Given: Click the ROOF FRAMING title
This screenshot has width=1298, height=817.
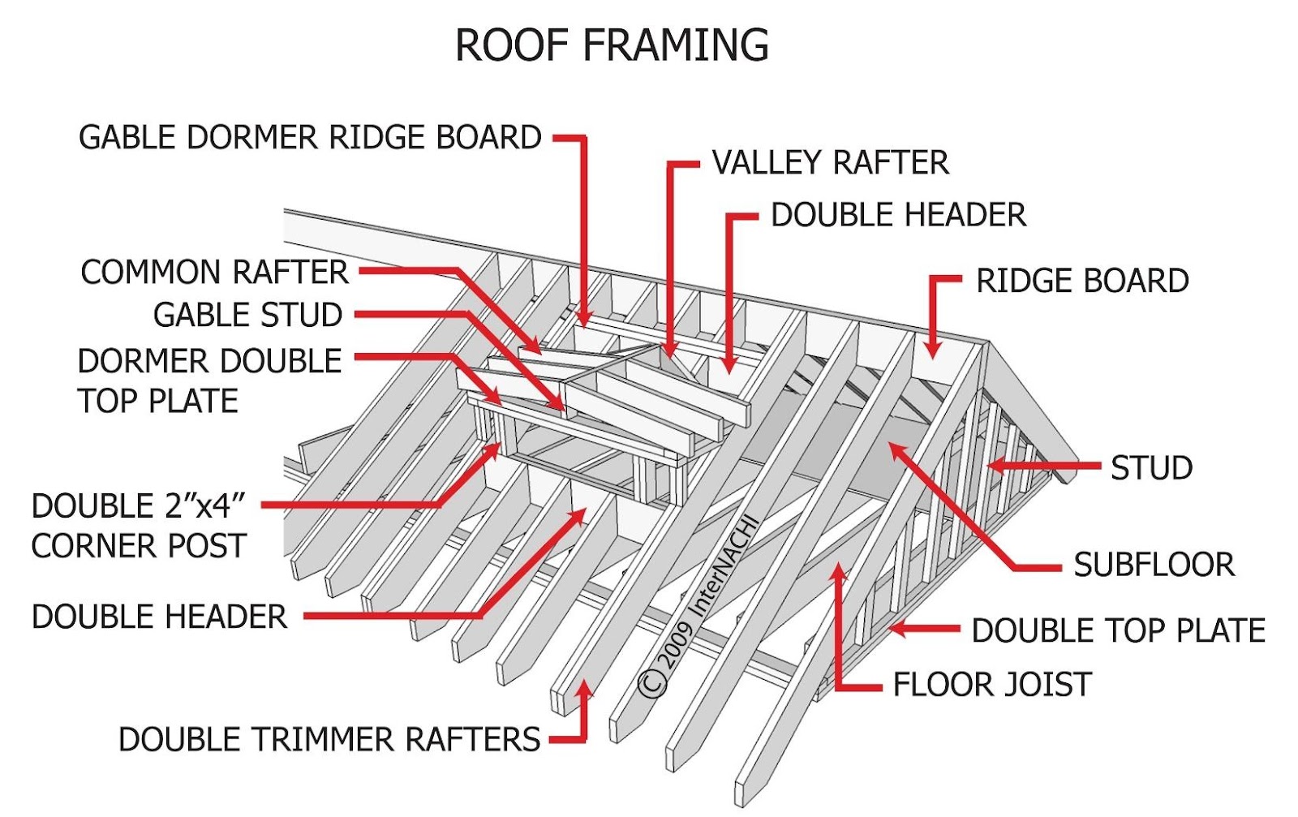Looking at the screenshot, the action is [x=612, y=45].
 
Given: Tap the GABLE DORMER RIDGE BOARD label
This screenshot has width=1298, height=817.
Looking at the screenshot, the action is [x=310, y=137].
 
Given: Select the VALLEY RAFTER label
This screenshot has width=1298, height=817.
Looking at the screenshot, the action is [x=831, y=162].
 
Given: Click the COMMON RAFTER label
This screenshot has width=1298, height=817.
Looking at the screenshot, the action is [x=214, y=272].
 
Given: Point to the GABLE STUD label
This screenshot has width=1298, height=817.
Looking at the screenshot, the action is [x=247, y=315].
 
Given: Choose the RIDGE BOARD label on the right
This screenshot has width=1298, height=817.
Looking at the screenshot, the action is [x=1082, y=281].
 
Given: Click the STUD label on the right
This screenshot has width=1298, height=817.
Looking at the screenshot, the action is [x=1151, y=467].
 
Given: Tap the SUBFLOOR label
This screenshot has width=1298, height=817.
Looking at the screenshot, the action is [x=1154, y=565].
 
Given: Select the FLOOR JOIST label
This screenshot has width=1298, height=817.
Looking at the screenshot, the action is [x=992, y=684].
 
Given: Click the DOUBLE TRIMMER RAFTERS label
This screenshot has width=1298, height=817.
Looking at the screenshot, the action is [x=329, y=739].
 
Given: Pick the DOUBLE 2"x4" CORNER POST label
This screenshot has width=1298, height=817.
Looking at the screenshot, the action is [x=139, y=526].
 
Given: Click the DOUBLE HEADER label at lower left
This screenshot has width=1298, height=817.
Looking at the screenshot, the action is [x=159, y=616].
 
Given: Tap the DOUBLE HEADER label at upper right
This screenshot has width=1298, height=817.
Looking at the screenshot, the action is [x=898, y=215].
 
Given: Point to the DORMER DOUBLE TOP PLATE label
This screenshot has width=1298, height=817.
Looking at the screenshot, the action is [x=209, y=381].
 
